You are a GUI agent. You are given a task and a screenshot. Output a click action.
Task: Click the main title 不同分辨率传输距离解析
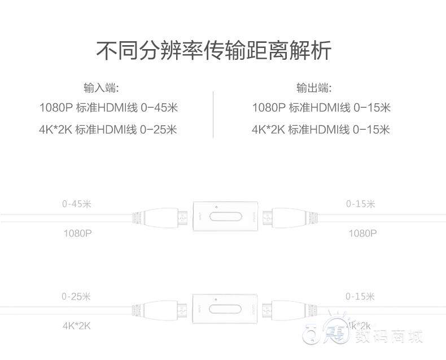[x=213, y=50]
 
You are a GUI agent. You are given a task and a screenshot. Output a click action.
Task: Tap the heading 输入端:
[x=101, y=88]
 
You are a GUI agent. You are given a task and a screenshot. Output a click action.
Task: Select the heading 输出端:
[x=314, y=88]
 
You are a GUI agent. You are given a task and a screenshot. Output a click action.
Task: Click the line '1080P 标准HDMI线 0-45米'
[x=108, y=108]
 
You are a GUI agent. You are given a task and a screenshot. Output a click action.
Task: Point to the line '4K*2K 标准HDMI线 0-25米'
[x=108, y=130]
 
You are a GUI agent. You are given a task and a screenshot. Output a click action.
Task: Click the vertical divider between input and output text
[x=213, y=115]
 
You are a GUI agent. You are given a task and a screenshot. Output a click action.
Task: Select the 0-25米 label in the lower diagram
[x=76, y=296]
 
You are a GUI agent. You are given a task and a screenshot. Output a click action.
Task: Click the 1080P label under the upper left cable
[x=77, y=232]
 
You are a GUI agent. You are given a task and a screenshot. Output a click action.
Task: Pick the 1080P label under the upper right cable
[x=362, y=232]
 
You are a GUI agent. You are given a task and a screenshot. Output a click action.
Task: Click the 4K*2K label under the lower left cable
[x=77, y=326]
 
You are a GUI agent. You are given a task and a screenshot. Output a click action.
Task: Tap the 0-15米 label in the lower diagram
[x=361, y=296]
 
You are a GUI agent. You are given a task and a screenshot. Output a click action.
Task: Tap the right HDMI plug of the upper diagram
[x=290, y=217]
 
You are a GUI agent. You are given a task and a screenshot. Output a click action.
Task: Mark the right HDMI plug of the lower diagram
[x=290, y=310]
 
